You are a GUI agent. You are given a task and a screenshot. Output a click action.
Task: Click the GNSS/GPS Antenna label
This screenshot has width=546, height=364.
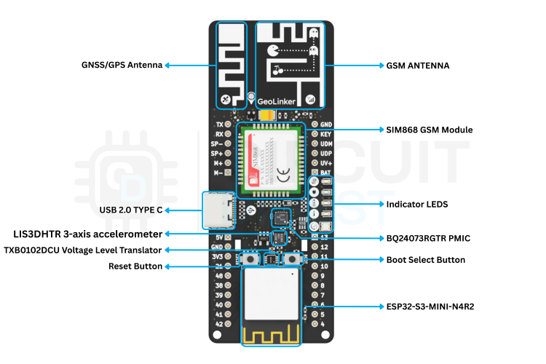coord(122,65)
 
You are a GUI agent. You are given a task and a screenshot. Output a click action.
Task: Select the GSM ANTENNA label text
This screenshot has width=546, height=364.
coord(417,65)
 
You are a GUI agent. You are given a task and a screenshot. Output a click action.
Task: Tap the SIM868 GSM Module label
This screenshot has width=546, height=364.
coord(429,130)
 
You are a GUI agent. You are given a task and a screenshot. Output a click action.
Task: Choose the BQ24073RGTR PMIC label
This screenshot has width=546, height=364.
coord(429,237)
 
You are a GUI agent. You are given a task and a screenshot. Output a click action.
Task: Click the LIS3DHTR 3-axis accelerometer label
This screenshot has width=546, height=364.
coord(87,234)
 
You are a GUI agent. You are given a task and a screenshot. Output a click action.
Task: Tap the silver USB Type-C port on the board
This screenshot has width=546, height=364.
coord(218,210)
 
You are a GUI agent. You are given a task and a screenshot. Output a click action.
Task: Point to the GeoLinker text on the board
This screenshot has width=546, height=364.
coord(277,101)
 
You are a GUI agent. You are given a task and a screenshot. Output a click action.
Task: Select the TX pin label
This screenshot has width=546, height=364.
coord(219,124)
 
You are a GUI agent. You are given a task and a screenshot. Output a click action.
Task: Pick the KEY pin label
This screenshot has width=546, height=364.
coord(326,134)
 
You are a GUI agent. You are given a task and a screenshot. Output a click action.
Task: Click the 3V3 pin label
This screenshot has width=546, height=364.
coord(218,256)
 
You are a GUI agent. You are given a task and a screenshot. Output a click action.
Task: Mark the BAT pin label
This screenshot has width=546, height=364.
coord(325,172)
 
